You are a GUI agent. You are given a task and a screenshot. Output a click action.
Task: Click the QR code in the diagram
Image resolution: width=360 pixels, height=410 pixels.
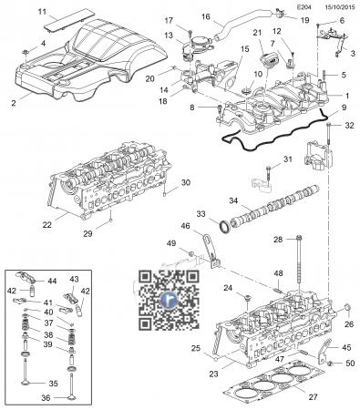[169, 301]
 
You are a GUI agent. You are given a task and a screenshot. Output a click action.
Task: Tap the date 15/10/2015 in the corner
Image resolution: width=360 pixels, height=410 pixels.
[339, 7]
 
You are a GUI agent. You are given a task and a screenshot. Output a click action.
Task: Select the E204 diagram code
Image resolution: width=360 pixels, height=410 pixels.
[303, 7]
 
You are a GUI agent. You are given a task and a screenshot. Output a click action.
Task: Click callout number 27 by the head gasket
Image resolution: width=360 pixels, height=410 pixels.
[313, 397]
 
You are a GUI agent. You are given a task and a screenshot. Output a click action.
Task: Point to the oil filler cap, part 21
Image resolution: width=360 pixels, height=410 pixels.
[267, 60]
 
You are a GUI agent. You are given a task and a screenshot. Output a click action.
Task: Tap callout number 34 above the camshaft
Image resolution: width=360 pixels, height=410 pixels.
[233, 200]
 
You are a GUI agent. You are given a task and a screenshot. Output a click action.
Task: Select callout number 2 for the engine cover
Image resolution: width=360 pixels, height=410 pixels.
[14, 103]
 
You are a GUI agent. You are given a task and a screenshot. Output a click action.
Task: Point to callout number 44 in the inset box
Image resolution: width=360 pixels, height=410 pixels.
[52, 282]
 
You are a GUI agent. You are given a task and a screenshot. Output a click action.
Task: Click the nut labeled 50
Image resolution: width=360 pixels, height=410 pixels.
[330, 363]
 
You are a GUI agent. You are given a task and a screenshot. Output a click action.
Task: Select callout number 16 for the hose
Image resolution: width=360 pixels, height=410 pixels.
[206, 16]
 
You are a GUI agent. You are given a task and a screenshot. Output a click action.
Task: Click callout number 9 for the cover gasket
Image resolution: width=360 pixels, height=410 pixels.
[344, 108]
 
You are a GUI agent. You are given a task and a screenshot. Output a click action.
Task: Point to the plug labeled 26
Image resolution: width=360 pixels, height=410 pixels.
[347, 309]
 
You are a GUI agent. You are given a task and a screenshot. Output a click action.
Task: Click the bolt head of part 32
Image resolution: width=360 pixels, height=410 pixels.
[329, 125]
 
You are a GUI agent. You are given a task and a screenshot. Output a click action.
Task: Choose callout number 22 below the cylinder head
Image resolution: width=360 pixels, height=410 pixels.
[47, 225]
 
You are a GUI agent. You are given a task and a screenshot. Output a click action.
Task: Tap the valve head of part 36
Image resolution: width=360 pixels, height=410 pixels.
[71, 397]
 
